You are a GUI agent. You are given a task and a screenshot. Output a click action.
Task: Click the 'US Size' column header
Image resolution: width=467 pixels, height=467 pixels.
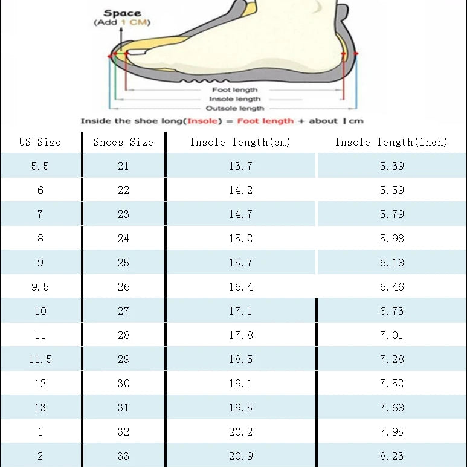click(x=40, y=143)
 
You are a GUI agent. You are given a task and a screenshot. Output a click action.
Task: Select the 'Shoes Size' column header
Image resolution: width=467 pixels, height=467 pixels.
click(x=123, y=143)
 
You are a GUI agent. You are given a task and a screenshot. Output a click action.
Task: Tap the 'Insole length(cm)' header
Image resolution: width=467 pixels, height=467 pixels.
click(x=240, y=143)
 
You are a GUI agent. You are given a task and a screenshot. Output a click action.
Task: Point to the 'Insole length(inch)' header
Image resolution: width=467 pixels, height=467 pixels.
click(x=391, y=143)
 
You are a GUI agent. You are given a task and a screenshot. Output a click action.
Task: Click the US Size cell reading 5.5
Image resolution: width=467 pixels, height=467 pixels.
click(x=40, y=166)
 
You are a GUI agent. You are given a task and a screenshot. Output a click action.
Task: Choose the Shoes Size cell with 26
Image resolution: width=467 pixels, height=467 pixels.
click(x=123, y=287)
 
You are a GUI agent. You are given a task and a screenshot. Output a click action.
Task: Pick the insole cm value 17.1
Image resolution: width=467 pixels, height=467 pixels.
click(x=240, y=311)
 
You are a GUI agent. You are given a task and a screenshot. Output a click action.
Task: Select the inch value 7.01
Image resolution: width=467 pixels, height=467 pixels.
click(x=391, y=335)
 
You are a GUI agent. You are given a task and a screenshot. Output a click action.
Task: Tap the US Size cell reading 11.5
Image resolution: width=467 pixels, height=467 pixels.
click(x=40, y=359)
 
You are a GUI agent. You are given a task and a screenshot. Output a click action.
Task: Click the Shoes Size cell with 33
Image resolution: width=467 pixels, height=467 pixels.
click(x=123, y=456)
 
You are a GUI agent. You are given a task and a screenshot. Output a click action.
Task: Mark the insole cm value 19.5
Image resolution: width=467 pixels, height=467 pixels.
click(x=240, y=408)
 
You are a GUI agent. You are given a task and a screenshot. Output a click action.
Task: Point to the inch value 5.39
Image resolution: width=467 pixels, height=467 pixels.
click(x=391, y=166)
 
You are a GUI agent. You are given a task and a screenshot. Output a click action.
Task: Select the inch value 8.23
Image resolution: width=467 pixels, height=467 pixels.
click(x=391, y=456)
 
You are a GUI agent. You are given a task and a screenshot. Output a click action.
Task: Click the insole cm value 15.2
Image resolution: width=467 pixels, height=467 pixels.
click(x=240, y=239)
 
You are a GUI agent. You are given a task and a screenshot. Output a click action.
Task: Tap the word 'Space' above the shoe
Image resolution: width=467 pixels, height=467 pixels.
click(x=122, y=13)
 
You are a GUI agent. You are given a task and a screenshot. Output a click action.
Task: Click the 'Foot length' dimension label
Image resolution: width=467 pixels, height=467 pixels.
click(x=234, y=90)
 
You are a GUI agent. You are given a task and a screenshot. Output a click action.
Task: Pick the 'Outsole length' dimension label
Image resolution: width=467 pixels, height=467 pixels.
click(x=234, y=108)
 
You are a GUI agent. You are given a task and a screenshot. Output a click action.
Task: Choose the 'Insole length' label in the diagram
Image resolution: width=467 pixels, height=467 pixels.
click(x=234, y=99)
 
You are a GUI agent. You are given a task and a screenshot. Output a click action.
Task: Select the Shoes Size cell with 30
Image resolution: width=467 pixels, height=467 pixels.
click(x=123, y=384)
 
